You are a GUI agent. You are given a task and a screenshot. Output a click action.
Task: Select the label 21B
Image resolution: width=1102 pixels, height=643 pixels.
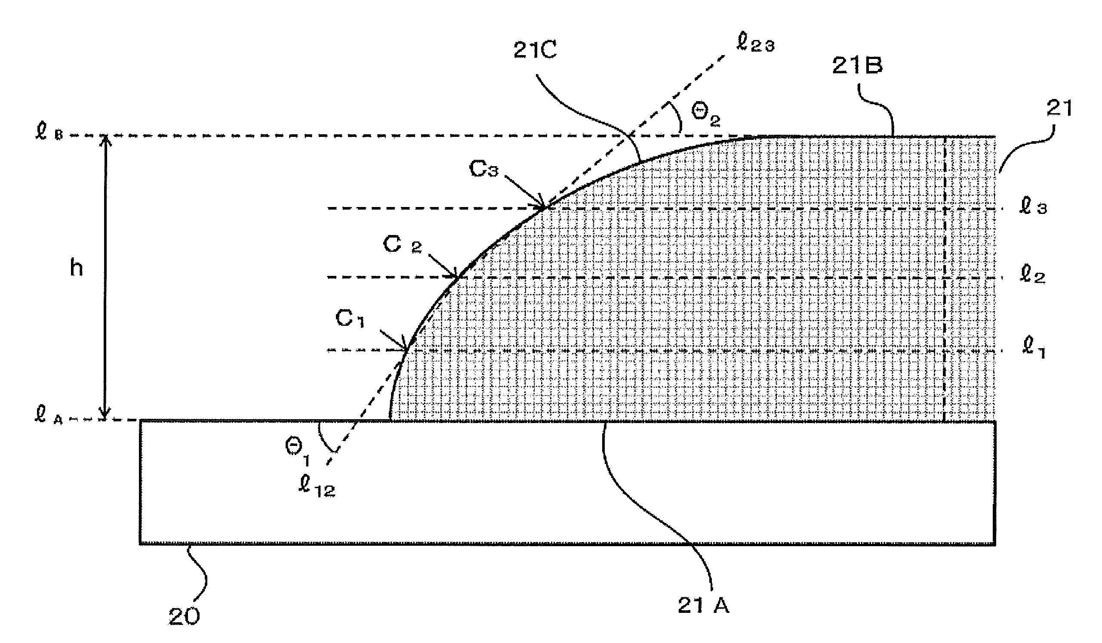pos(857,65)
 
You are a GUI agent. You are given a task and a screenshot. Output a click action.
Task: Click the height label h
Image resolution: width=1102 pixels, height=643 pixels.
pos(77,268)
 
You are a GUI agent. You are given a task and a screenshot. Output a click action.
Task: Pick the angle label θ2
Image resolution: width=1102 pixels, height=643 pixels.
pos(705,115)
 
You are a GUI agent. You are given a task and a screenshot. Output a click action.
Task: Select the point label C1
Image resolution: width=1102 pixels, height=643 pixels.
pos(350,319)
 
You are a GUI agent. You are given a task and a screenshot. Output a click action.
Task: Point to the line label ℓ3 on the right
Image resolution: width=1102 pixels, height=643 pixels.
pos(1033,207)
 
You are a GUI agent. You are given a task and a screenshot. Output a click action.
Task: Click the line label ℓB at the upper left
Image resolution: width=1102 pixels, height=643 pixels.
pos(49,133)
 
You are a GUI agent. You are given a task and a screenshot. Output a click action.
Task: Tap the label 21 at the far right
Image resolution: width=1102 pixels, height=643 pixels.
pos(1059,109)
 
